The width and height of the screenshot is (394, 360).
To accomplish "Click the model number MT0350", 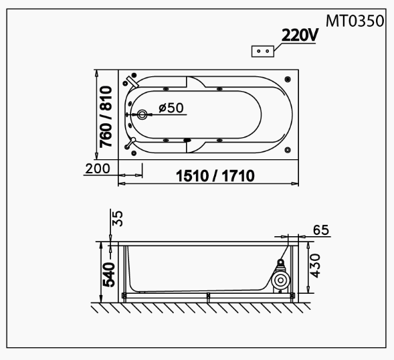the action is click(355, 21).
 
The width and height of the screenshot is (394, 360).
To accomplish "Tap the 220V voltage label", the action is click(300, 35).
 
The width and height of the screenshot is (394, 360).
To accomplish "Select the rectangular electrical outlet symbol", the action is click(263, 52).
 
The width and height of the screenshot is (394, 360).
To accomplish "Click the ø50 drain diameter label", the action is click(171, 108).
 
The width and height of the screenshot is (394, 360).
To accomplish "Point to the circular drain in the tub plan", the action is click(142, 114).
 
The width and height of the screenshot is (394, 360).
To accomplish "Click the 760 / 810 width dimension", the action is click(106, 117).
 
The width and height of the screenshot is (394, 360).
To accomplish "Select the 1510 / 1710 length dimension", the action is click(215, 176).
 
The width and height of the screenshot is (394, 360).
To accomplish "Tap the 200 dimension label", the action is click(98, 169).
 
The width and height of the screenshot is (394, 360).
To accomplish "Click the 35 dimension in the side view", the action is click(117, 218).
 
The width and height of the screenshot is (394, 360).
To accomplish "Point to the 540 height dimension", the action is click(109, 274).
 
